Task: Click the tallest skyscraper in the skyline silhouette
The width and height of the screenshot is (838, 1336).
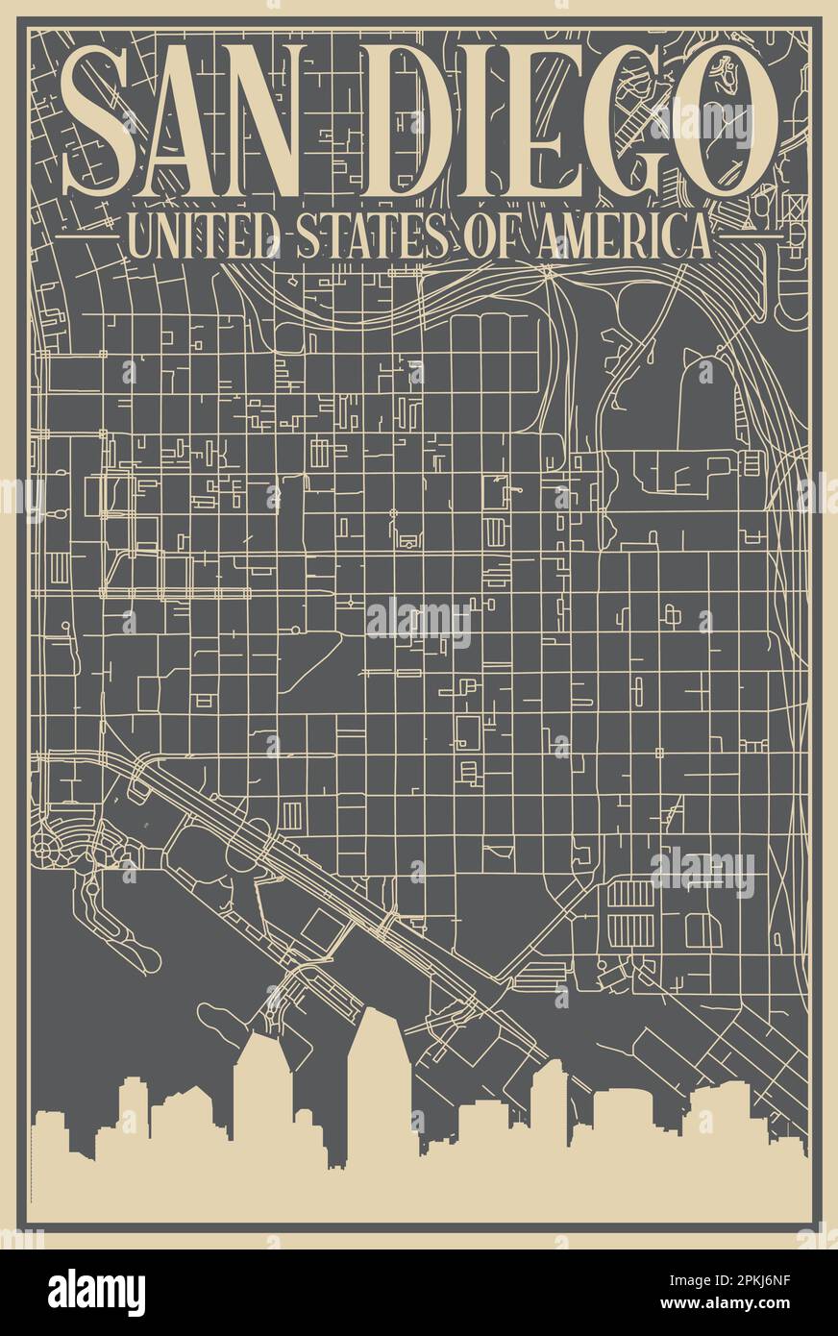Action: [379, 1076]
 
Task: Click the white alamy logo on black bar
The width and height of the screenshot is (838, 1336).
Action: [96, 1291]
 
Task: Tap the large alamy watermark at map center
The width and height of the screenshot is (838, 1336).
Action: [419, 622]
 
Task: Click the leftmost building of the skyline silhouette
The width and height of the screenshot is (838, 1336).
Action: [50, 1139]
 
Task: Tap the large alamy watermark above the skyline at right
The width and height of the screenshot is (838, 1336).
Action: [702, 871]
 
